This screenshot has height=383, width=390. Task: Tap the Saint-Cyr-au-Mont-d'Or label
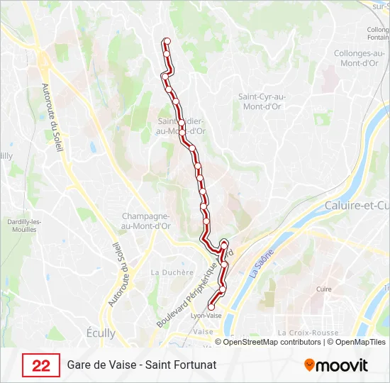coord(261,101)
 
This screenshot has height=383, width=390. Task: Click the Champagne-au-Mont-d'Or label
coord(147,221)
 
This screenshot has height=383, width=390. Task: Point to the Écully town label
coord(100,333)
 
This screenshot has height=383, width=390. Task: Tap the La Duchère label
coord(172,272)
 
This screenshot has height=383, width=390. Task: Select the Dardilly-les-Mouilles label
coord(24,225)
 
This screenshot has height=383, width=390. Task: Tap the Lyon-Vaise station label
coord(206,316)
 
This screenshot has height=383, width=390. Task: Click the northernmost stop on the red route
coord(167,41)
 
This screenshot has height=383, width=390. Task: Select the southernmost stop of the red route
coord(211,306)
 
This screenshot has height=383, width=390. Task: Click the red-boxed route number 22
coord(41,365)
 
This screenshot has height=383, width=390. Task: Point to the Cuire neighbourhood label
coord(324,289)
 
